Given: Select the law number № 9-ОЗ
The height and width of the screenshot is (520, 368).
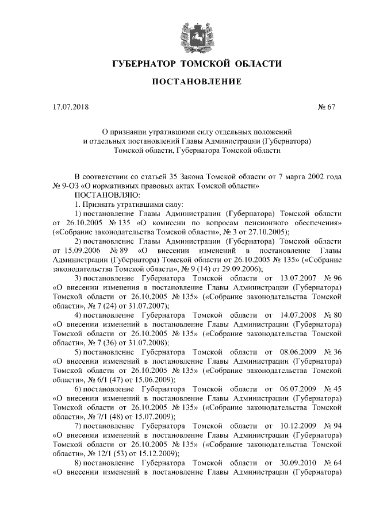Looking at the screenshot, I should [x=66, y=186].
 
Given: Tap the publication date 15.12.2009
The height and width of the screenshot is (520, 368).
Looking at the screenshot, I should [x=156, y=453].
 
